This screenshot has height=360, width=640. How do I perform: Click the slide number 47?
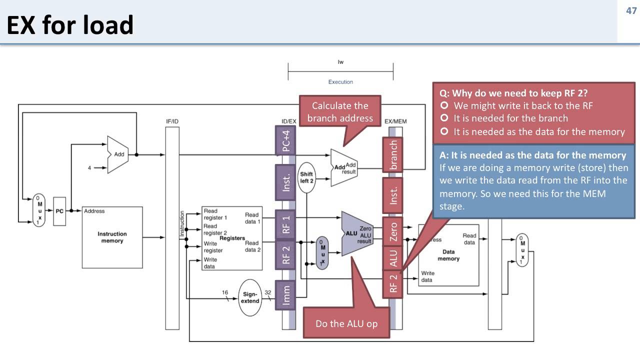[x=631, y=10]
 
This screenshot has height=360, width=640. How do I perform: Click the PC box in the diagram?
[x=59, y=211]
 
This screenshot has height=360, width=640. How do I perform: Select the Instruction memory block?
[x=112, y=237]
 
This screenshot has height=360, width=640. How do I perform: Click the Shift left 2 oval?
[x=306, y=177]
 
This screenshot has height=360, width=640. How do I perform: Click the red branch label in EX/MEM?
[x=393, y=155]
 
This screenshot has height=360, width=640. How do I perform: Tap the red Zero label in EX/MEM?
[x=393, y=231]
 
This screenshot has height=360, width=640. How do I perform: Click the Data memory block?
[x=448, y=255]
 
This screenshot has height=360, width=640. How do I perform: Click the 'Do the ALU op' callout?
[x=346, y=323]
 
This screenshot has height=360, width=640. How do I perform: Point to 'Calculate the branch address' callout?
[x=340, y=111]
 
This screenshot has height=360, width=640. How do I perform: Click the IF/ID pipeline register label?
[x=172, y=121]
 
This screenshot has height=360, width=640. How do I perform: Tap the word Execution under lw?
[x=340, y=82]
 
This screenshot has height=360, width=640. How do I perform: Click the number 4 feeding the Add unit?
[x=89, y=168]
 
